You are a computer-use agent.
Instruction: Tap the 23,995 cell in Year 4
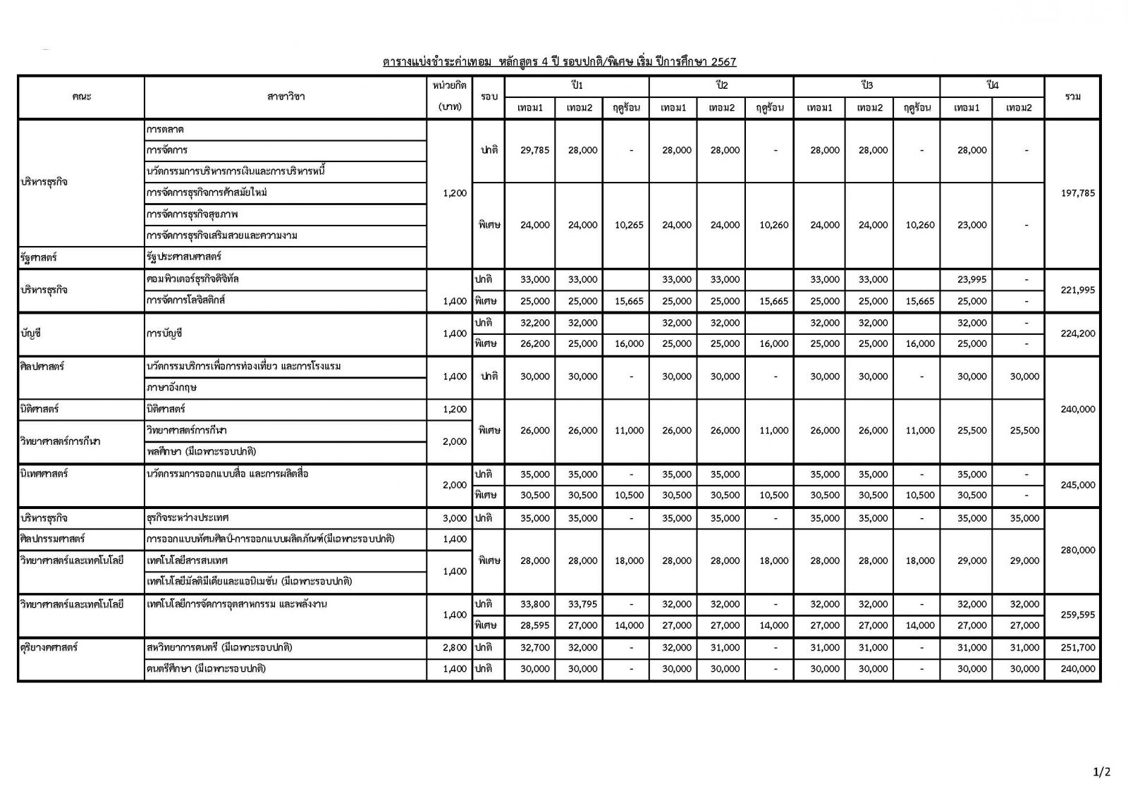coord(971,279)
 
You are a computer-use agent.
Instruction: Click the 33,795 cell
coord(583,604)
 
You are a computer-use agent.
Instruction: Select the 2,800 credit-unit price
coord(455,647)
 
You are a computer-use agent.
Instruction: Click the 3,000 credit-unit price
coord(455,518)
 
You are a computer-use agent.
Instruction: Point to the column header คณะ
coord(81,97)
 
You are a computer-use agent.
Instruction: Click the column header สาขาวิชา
coord(286,97)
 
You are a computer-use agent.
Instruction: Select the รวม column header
coord(1073,97)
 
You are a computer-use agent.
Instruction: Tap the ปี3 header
coord(866,85)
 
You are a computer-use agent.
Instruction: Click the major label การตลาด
coord(166,130)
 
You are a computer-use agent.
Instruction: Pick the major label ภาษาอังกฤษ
coord(171,388)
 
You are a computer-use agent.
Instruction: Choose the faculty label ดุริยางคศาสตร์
coord(49,647)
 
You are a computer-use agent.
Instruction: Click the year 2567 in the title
coord(723,62)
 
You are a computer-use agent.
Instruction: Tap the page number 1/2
coord(1101,772)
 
